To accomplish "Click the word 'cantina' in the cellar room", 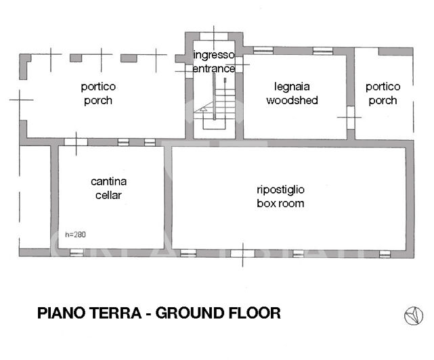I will pyautogui.click(x=109, y=181).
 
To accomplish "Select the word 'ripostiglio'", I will pyautogui.click(x=280, y=189).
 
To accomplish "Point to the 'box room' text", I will pyautogui.click(x=280, y=203).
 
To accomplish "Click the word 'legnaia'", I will pyautogui.click(x=291, y=87).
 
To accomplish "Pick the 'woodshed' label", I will pyautogui.click(x=291, y=101).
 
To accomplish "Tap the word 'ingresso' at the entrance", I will pyautogui.click(x=214, y=54).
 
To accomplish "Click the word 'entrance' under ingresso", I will pyautogui.click(x=214, y=68).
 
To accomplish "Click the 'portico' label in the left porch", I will pyautogui.click(x=98, y=87).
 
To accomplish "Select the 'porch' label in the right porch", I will pyautogui.click(x=383, y=101).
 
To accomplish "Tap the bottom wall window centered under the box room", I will pyautogui.click(x=241, y=254).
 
